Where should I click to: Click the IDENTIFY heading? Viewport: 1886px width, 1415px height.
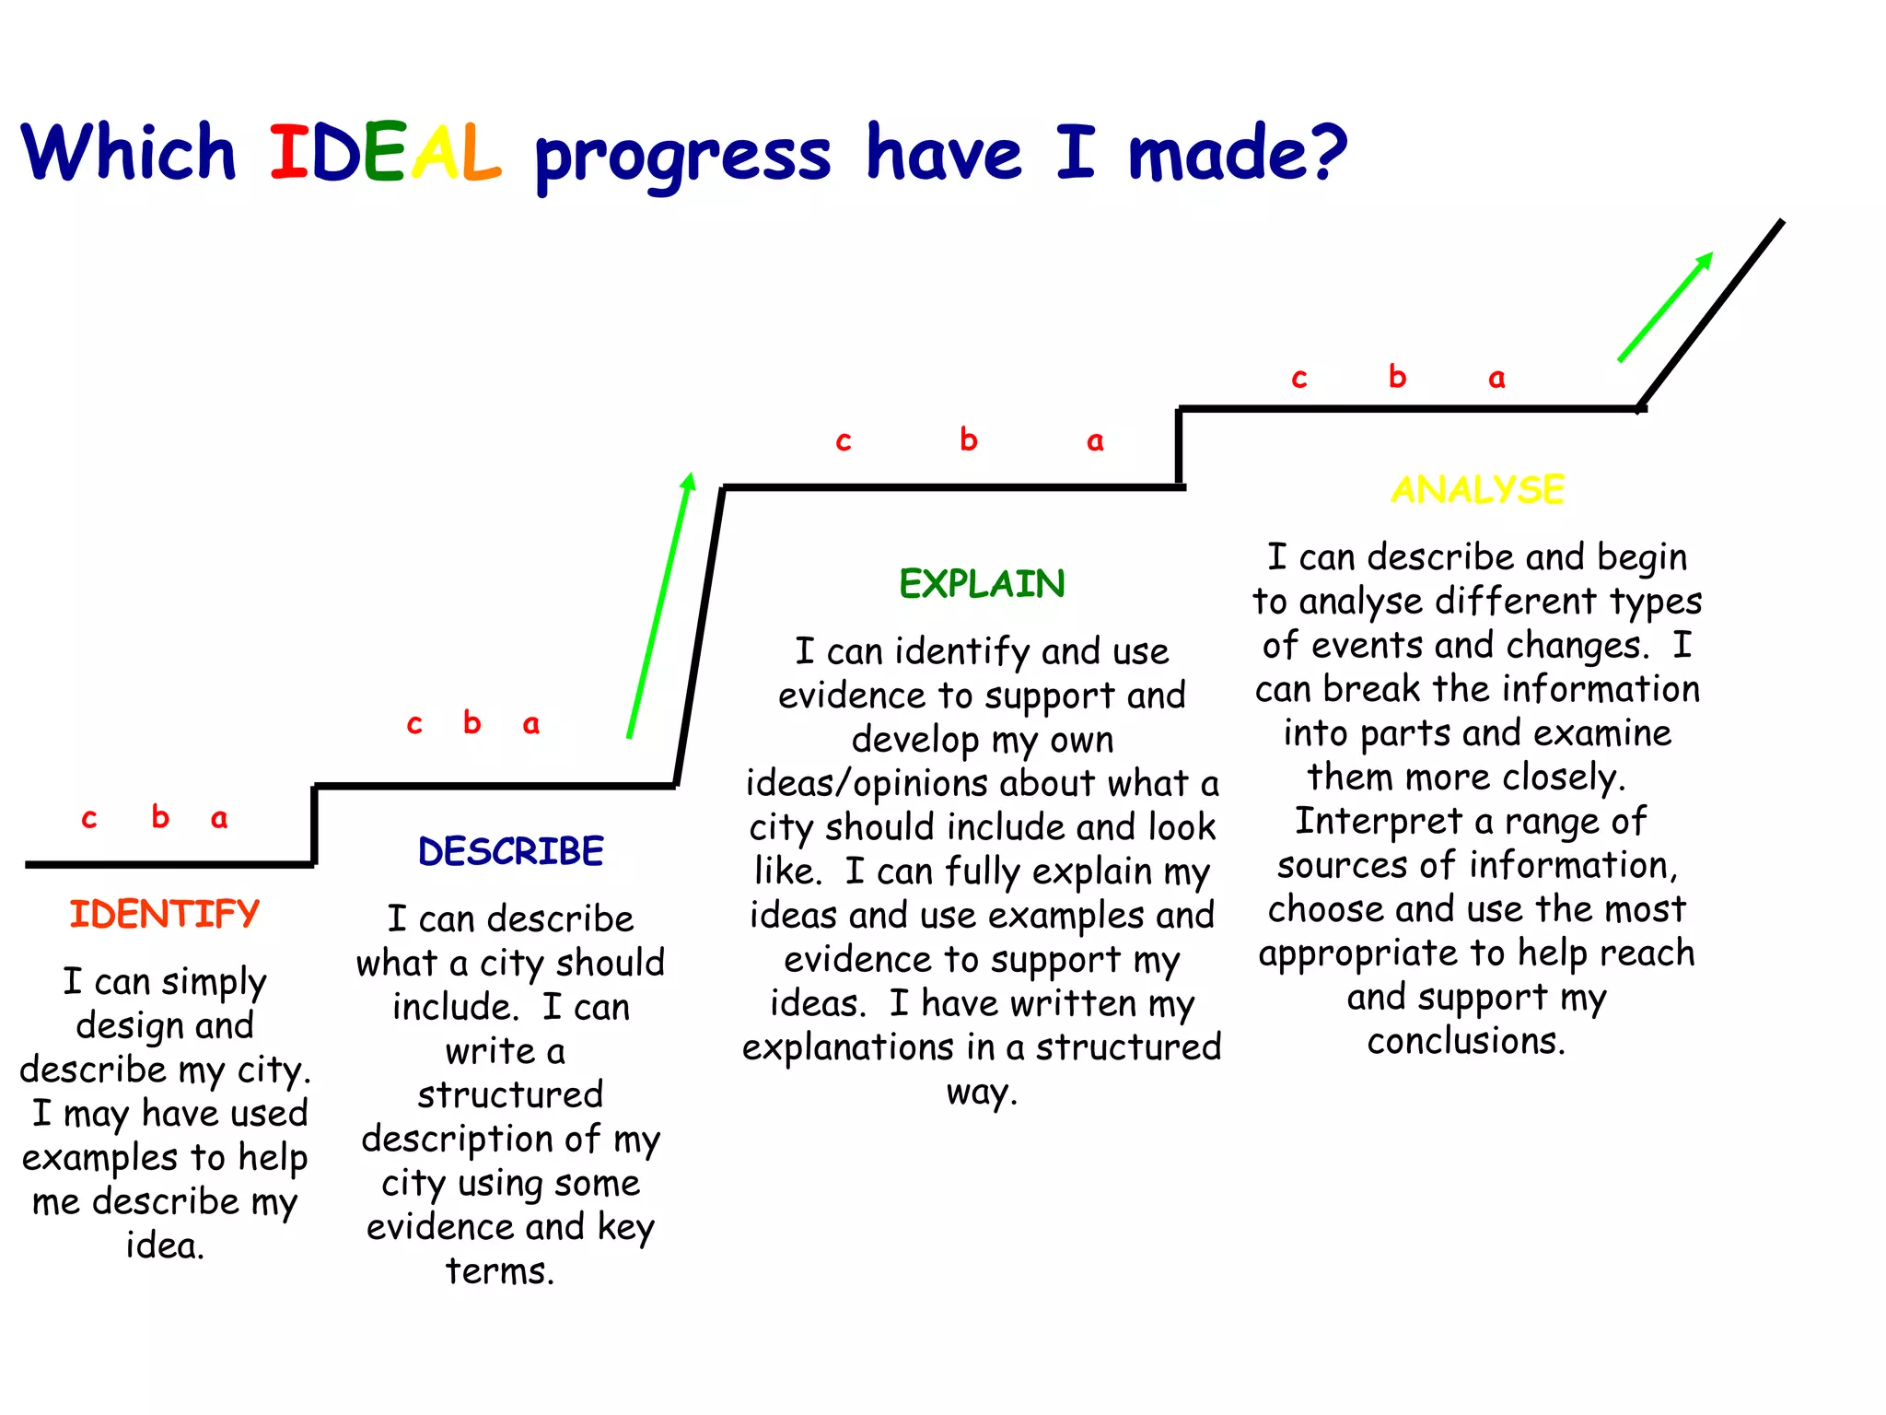click(165, 915)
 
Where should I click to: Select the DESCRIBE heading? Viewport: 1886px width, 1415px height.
click(511, 851)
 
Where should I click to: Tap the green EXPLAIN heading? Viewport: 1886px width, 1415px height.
click(982, 584)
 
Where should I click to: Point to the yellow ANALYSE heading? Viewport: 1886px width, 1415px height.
click(1477, 489)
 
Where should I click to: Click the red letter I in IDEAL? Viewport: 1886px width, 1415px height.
click(287, 153)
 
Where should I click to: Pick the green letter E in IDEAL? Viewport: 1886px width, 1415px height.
click(385, 153)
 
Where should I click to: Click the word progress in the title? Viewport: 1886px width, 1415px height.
click(682, 157)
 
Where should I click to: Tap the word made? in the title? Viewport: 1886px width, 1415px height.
click(1237, 153)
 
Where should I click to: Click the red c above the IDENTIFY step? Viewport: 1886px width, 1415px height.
click(89, 819)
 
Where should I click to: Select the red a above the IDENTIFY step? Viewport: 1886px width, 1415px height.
click(219, 819)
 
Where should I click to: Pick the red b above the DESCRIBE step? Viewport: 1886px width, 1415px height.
click(472, 722)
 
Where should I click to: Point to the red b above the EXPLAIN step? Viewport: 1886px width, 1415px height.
click(968, 439)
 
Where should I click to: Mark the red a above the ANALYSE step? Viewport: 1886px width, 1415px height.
click(1496, 379)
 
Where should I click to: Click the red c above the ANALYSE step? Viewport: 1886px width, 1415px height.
click(1299, 379)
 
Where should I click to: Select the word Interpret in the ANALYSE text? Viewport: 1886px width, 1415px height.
click(1378, 822)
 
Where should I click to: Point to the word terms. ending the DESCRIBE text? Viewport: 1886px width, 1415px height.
click(500, 1271)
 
